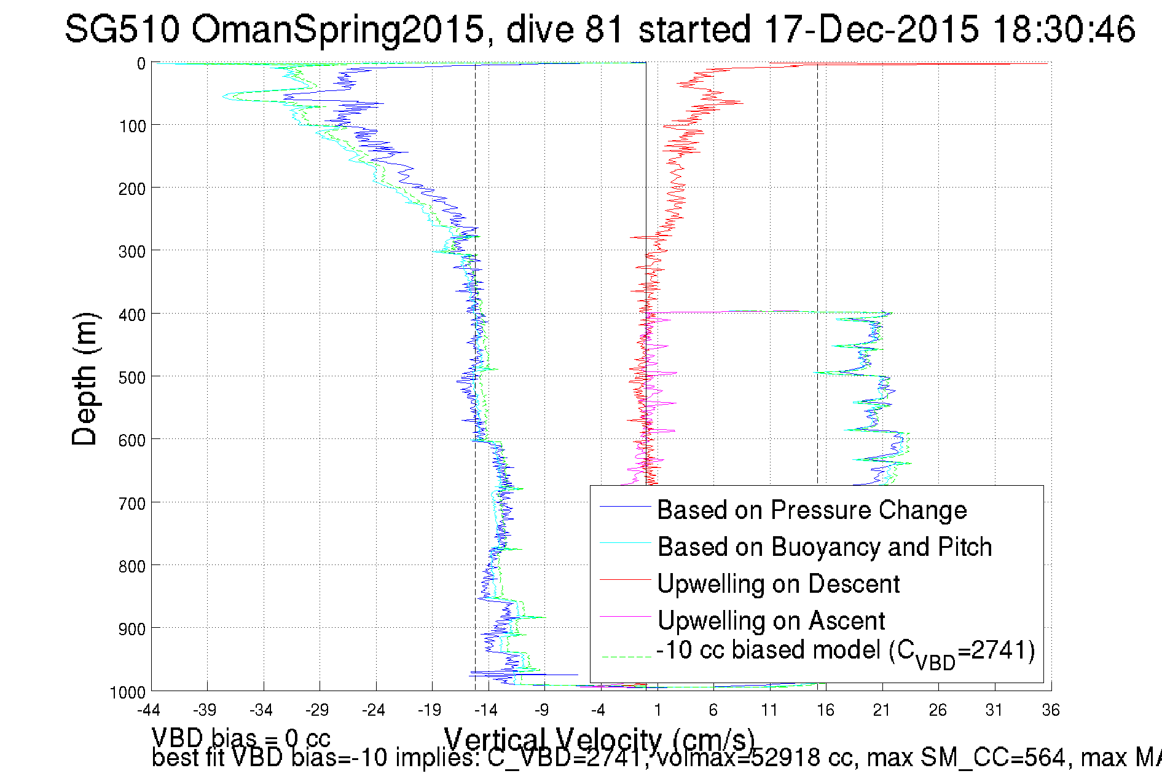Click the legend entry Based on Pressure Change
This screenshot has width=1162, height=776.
[x=812, y=510]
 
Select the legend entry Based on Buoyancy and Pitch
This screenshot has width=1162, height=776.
[x=824, y=547]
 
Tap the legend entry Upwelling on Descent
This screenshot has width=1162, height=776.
[x=778, y=584]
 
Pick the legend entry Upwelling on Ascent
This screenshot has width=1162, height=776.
[x=771, y=621]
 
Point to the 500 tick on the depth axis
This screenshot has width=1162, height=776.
[x=132, y=378]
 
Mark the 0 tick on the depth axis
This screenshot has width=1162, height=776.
[x=141, y=64]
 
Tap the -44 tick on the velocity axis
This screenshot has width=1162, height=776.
[x=148, y=710]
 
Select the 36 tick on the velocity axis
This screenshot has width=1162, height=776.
[x=1050, y=710]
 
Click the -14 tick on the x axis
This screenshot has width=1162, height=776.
[x=486, y=710]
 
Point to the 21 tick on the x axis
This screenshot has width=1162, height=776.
[x=881, y=710]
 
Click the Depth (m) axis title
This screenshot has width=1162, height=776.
[x=84, y=379]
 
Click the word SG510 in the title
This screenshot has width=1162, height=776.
[x=122, y=29]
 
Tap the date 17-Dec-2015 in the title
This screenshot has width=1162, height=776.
[x=871, y=29]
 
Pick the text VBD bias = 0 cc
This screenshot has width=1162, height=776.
[x=241, y=738]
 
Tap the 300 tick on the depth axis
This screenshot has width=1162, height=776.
[x=132, y=251]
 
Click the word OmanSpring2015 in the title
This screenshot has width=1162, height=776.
[x=337, y=29]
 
